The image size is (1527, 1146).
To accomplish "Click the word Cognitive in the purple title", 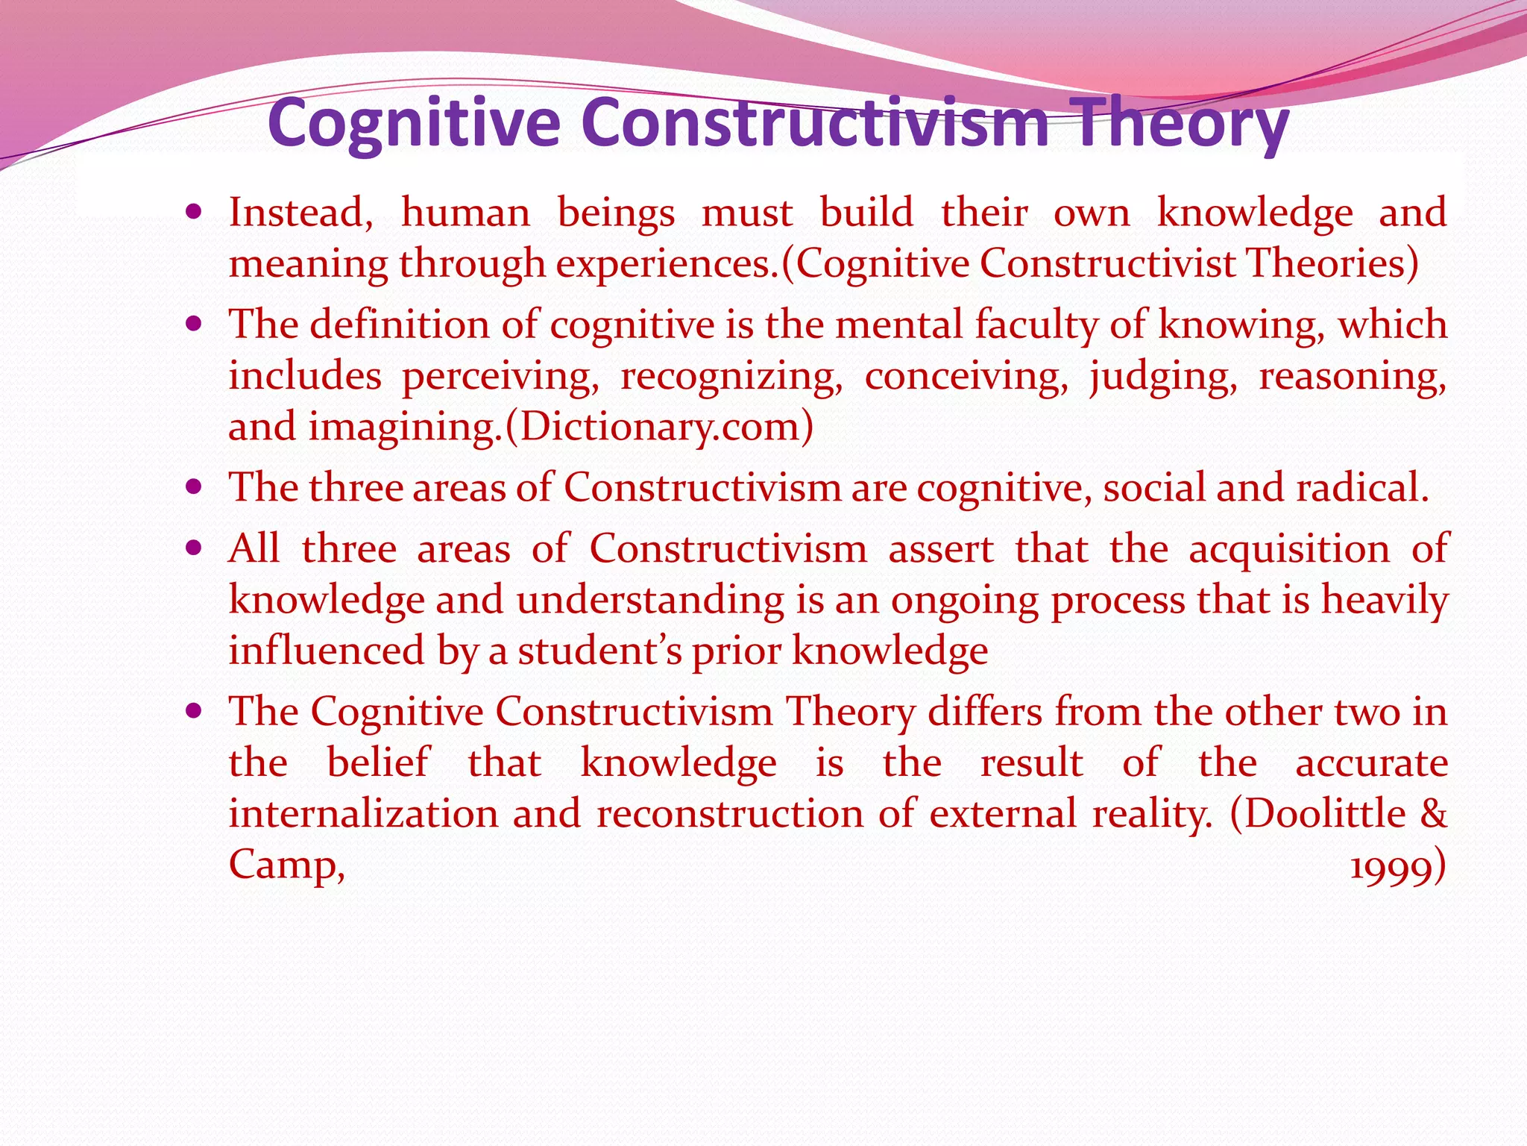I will pyautogui.click(x=414, y=124).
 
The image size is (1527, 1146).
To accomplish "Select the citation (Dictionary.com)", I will pyautogui.click(x=659, y=427).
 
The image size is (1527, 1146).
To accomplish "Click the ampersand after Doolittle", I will pyautogui.click(x=1433, y=813).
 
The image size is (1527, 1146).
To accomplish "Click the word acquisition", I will pyautogui.click(x=1289, y=549).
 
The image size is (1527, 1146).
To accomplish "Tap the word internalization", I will pyautogui.click(x=363, y=813).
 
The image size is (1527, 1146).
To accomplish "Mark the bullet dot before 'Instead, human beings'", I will pyautogui.click(x=194, y=213).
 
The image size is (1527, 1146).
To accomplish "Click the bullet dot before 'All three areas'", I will pyautogui.click(x=194, y=549).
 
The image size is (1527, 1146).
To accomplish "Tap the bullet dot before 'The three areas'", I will pyautogui.click(x=194, y=488).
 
